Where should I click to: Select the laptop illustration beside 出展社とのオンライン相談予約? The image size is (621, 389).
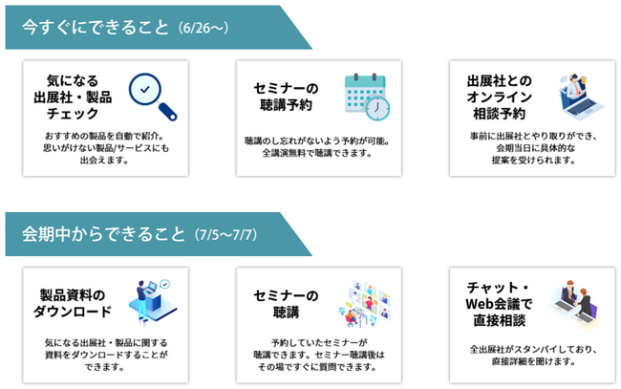(581, 95)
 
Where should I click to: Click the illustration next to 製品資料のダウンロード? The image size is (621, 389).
(153, 302)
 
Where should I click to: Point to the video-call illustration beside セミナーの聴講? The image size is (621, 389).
(365, 303)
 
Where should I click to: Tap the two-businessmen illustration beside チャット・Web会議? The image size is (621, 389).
(575, 302)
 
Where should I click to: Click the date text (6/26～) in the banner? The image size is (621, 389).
(203, 28)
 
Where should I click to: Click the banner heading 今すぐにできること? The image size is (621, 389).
(96, 28)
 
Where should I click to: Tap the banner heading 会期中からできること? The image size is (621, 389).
(103, 234)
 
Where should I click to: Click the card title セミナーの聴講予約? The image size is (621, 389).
(286, 97)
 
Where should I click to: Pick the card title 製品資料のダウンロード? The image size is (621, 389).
(73, 303)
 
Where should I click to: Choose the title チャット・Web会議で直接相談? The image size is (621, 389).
(499, 303)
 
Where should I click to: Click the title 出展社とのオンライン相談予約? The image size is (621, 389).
(499, 97)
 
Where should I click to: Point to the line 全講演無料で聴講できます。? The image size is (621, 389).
(317, 153)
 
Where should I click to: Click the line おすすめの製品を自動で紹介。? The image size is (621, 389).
(104, 136)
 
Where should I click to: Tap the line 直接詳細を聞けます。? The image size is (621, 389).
(533, 361)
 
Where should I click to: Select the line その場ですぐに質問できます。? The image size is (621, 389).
(317, 367)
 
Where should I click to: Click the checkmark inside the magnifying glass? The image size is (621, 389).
(145, 90)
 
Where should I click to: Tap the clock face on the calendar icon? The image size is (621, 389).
(377, 108)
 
